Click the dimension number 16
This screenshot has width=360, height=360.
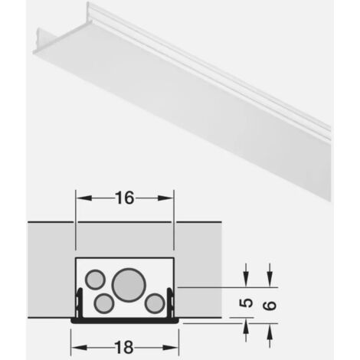coord(125,198)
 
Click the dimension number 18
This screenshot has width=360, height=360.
coord(124,348)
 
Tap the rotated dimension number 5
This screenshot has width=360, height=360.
coord(246,303)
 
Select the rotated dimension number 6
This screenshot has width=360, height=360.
coord(270,306)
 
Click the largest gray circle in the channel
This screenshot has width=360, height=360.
coord(129,285)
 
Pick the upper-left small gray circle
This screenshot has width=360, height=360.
coord(95,279)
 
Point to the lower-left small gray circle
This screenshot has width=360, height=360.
coord(104,303)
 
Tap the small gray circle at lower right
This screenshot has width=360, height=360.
coord(155,303)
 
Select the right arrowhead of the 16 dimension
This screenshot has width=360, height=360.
coord(165,198)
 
